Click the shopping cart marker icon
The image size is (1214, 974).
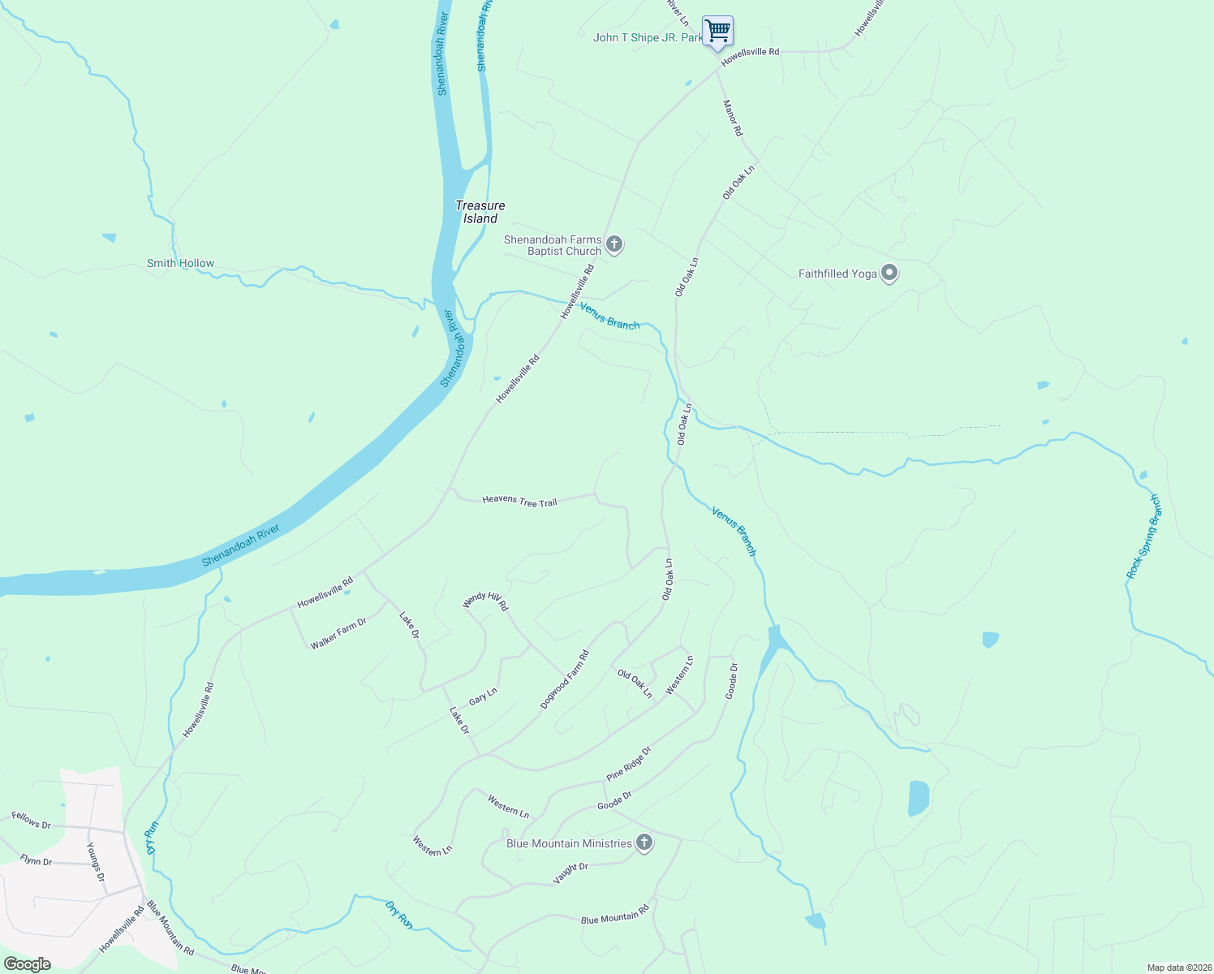717,32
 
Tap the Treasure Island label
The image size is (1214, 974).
480,212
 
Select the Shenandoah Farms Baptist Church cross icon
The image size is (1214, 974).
614,244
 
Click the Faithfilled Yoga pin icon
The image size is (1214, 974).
889,274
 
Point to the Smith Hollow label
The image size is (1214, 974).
180,263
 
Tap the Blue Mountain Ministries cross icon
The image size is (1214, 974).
644,843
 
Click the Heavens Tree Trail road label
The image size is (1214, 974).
519,502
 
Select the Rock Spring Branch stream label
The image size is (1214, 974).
1143,537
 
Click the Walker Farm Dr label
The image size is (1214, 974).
338,633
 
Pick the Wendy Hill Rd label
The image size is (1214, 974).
485,601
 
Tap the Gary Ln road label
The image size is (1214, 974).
483,696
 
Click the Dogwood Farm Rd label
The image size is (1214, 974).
565,679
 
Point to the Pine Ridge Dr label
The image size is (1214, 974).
629,764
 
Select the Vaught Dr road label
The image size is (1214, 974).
570,873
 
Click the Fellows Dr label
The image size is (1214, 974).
31,821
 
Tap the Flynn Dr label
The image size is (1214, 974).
36,860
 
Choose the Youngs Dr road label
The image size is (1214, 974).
96,862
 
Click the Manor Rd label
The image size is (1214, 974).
732,118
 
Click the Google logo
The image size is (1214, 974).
28,964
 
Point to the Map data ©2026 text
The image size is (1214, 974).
1178,968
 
